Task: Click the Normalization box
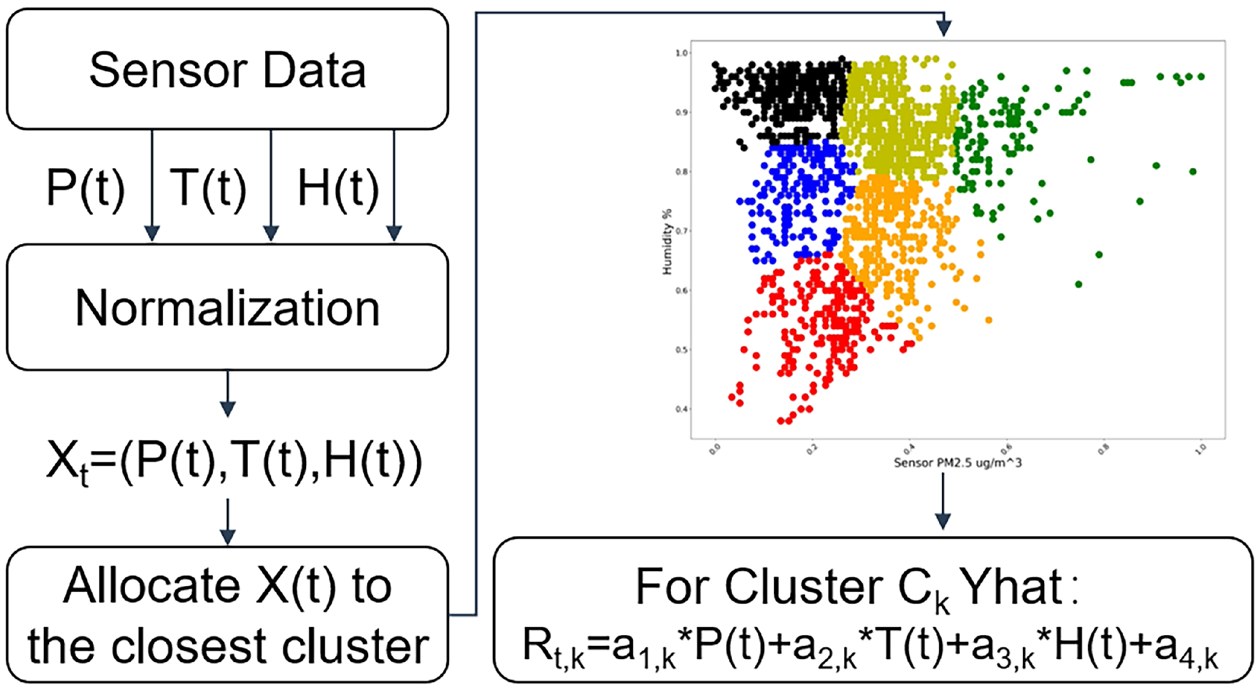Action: point(227,308)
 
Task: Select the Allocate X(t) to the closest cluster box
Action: point(227,614)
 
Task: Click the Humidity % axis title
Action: point(667,242)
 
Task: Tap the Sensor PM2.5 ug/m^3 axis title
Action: point(957,463)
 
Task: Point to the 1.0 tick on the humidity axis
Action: point(681,53)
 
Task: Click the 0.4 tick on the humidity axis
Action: point(681,409)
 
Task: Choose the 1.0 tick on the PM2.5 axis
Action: point(1201,449)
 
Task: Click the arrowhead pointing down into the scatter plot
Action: point(944,28)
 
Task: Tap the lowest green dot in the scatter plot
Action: point(1078,284)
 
